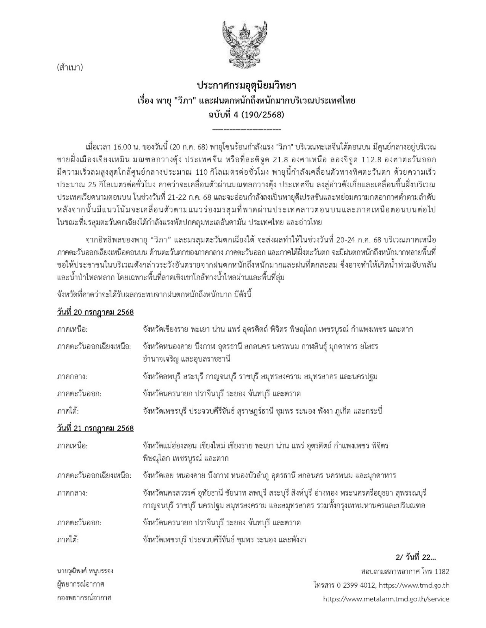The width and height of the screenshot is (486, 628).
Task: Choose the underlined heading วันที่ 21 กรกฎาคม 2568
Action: pos(95,428)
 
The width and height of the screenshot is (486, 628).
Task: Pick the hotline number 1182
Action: pos(442,571)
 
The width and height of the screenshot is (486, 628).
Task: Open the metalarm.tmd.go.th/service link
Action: pos(386,599)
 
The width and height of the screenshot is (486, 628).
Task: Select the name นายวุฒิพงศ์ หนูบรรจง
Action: pos(85,571)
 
